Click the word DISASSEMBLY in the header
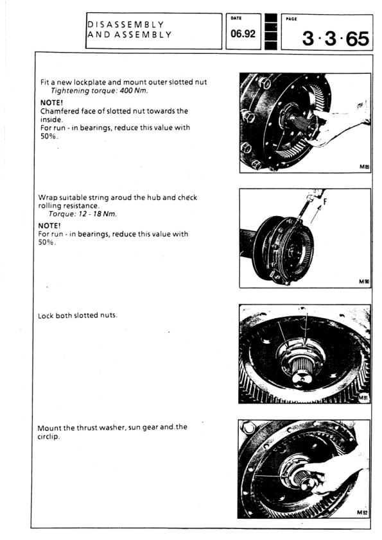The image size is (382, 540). pos(125,24)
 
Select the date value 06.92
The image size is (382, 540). pos(243,34)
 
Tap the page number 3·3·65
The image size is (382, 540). pos(336,38)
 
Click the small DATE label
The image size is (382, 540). pos(236,18)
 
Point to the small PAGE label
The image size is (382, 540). pos(291,19)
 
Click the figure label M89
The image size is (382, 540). pos(365,167)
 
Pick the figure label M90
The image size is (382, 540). pos(364,282)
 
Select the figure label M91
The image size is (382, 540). pos(363,398)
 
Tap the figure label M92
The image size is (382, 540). pos(362,512)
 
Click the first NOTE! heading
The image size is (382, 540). pos(52,103)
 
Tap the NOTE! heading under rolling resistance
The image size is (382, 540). pos(49,226)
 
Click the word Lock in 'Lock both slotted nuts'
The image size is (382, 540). pos(46,316)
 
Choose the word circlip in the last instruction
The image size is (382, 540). pos(48,437)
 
